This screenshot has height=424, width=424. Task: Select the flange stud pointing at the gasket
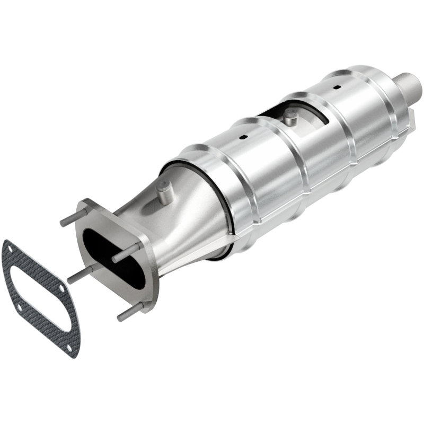coord(79,271)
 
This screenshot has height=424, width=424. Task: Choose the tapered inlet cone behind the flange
coord(175,223)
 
